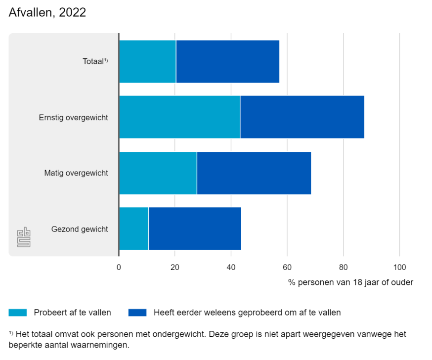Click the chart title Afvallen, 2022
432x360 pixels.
pos(47,13)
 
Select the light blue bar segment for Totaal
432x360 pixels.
pos(147,61)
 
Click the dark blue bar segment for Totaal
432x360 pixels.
pos(227,61)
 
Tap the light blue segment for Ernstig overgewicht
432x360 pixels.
pos(179,117)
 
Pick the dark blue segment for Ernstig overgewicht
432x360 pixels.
pos(302,117)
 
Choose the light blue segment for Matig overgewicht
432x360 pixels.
pos(158,173)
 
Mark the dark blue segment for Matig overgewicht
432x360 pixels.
pos(254,173)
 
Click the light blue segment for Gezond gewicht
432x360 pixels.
pos(133,229)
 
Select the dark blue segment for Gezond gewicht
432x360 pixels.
pos(195,229)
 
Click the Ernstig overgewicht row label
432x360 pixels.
pos(74,118)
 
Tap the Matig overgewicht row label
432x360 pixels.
pos(76,174)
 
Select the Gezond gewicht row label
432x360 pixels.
pos(80,229)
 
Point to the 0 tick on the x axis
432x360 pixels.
pos(119,268)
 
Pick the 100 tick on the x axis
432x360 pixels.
pos(399,268)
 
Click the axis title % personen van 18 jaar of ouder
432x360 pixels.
pos(350,282)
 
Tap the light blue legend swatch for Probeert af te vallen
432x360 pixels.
pos(18,313)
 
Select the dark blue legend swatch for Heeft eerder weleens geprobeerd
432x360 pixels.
pos(137,313)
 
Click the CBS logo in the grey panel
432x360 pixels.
pos(24,237)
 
